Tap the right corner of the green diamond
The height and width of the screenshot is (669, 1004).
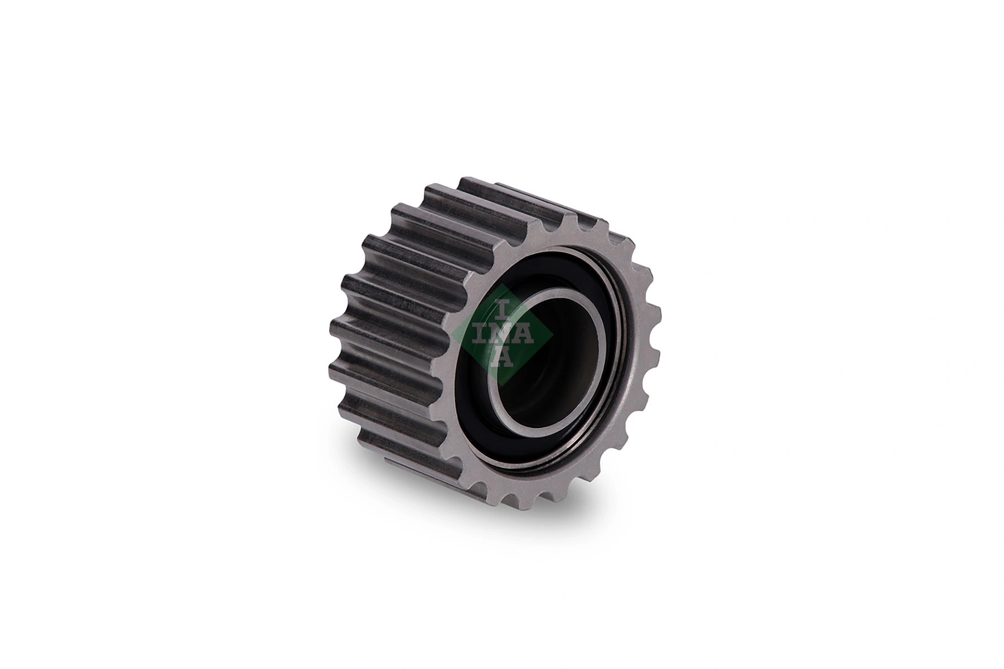tap(553, 334)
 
